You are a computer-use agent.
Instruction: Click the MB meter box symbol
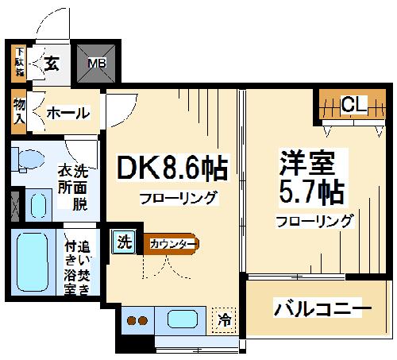click(96, 63)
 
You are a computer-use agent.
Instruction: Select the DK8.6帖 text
click(172, 168)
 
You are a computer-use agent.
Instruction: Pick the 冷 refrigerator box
click(225, 322)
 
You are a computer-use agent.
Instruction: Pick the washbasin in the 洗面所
click(37, 205)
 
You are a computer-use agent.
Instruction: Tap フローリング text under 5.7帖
click(314, 221)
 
